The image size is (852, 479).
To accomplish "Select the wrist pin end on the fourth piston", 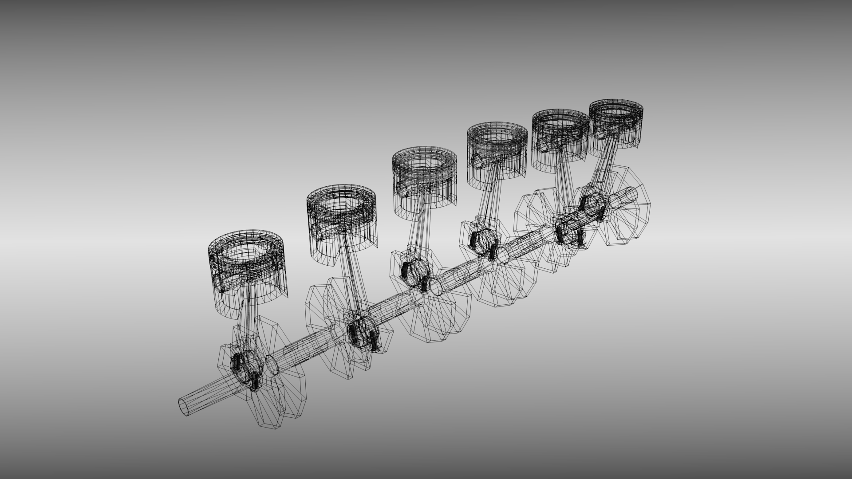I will pos(475,159).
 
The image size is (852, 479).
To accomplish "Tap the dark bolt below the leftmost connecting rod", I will pos(255,382).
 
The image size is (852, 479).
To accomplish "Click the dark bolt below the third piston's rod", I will pos(424,284).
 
